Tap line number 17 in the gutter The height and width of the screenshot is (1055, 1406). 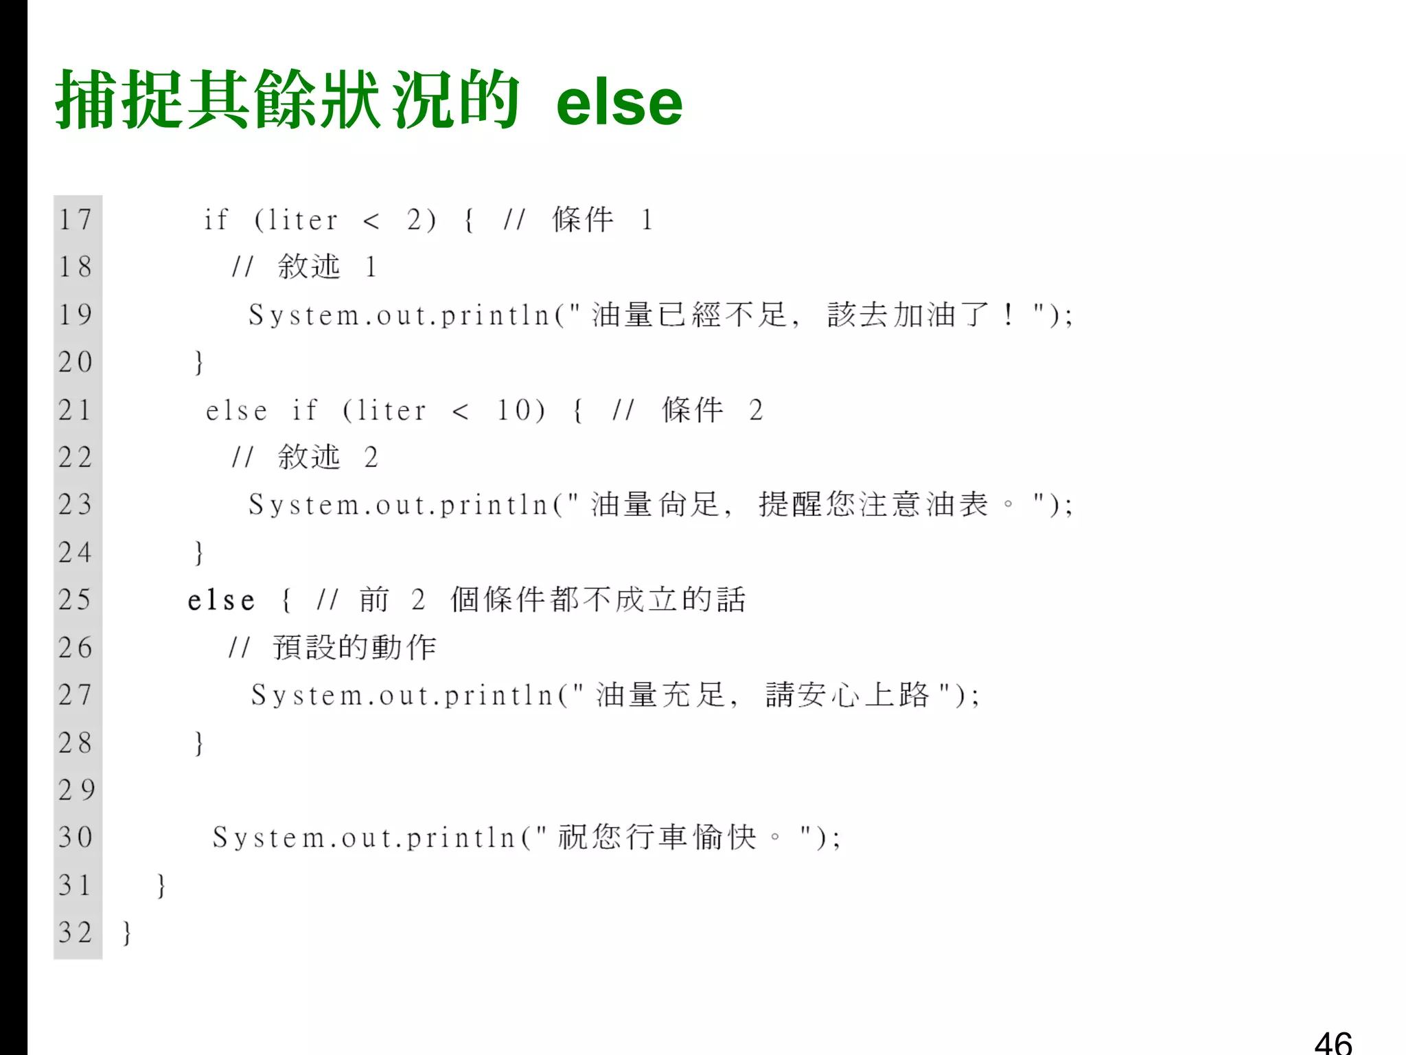(75, 220)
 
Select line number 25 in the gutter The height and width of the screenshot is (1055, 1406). (75, 600)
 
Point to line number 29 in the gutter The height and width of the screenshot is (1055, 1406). (76, 790)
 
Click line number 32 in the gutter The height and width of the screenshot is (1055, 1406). (75, 932)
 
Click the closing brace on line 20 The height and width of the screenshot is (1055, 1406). (198, 362)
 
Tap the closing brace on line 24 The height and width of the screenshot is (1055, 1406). (198, 552)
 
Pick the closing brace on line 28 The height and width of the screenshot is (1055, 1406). (198, 742)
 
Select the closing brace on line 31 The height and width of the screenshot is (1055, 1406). (161, 885)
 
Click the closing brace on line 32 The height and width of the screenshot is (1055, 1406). (126, 933)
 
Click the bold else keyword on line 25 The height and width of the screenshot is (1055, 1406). (221, 600)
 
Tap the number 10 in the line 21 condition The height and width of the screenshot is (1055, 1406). (513, 410)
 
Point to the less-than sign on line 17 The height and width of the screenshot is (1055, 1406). (371, 220)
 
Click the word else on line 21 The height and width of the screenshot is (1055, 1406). (236, 411)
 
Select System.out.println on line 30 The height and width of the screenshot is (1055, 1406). (364, 838)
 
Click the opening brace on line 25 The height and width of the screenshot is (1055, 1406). (286, 600)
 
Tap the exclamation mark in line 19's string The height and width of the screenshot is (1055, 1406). (1007, 315)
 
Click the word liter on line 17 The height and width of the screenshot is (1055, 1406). (303, 220)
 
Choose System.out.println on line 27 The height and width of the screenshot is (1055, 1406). (402, 695)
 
